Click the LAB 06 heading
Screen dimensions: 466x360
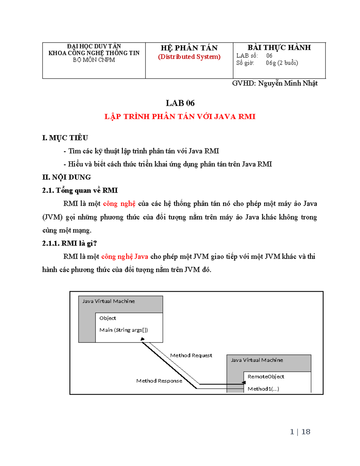click(x=180, y=103)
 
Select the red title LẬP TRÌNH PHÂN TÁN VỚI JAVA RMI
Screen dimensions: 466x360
click(x=180, y=117)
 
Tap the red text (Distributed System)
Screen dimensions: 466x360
click(x=189, y=57)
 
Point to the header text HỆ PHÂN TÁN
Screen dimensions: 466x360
click(x=189, y=48)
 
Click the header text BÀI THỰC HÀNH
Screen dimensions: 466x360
click(x=279, y=48)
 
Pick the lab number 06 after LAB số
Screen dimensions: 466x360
click(x=269, y=56)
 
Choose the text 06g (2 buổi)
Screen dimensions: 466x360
click(x=282, y=63)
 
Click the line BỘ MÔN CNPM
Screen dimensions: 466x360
click(x=94, y=60)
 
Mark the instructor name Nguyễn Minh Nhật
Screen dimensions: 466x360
click(x=287, y=83)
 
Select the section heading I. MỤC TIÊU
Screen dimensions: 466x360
click(x=65, y=138)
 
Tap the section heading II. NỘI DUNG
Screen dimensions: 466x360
click(x=67, y=177)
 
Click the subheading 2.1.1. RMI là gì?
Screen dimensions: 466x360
click(x=69, y=243)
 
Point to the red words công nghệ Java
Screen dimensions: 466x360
click(x=124, y=257)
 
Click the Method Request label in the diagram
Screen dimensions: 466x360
click(x=191, y=356)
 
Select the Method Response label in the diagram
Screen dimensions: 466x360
click(x=159, y=381)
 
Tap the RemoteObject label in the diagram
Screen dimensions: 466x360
click(x=266, y=377)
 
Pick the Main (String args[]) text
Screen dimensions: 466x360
click(x=124, y=330)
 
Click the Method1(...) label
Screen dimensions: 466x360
click(x=263, y=389)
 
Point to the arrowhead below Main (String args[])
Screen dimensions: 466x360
click(x=143, y=339)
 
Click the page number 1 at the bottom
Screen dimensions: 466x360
click(x=292, y=432)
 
